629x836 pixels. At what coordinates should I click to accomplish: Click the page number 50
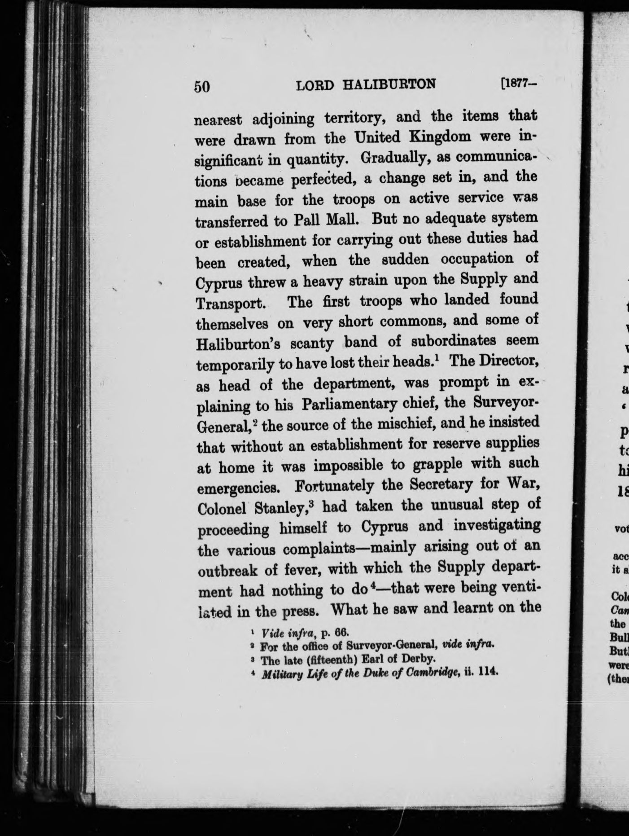[x=202, y=86]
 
